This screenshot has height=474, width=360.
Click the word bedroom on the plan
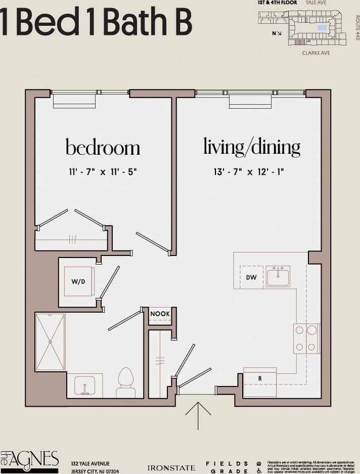(103, 147)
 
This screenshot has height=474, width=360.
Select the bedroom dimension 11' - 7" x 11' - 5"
(103, 171)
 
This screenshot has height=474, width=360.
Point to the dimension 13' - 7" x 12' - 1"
(249, 171)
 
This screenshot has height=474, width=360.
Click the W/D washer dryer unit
(78, 281)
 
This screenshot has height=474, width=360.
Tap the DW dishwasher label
(251, 277)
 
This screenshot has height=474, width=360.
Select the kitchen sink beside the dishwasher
(278, 277)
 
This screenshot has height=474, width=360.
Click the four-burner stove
(306, 338)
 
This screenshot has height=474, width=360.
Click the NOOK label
(160, 314)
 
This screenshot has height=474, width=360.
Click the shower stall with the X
(50, 341)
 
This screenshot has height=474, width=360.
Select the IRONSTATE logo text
(171, 468)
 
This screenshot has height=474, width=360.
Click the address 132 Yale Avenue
(91, 463)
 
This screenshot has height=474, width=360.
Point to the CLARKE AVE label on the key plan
(316, 53)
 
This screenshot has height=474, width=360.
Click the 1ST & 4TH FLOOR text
(277, 3)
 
